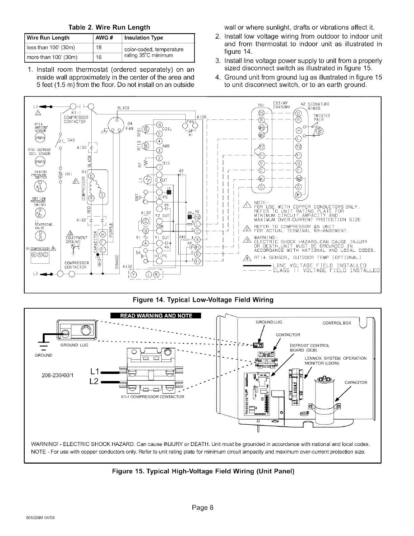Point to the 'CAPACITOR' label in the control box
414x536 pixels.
point(356,383)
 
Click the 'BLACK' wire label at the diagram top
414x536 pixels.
point(122,108)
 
